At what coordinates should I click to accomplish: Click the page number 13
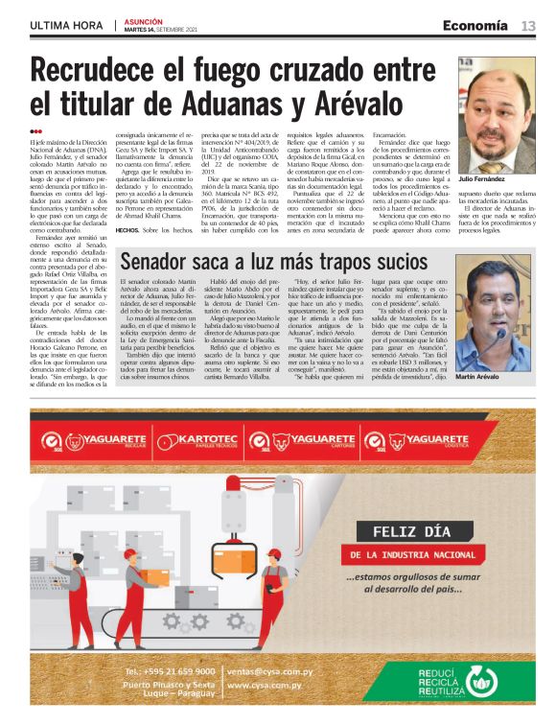[528, 25]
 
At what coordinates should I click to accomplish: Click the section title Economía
[475, 25]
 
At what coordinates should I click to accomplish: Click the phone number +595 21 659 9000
[169, 672]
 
